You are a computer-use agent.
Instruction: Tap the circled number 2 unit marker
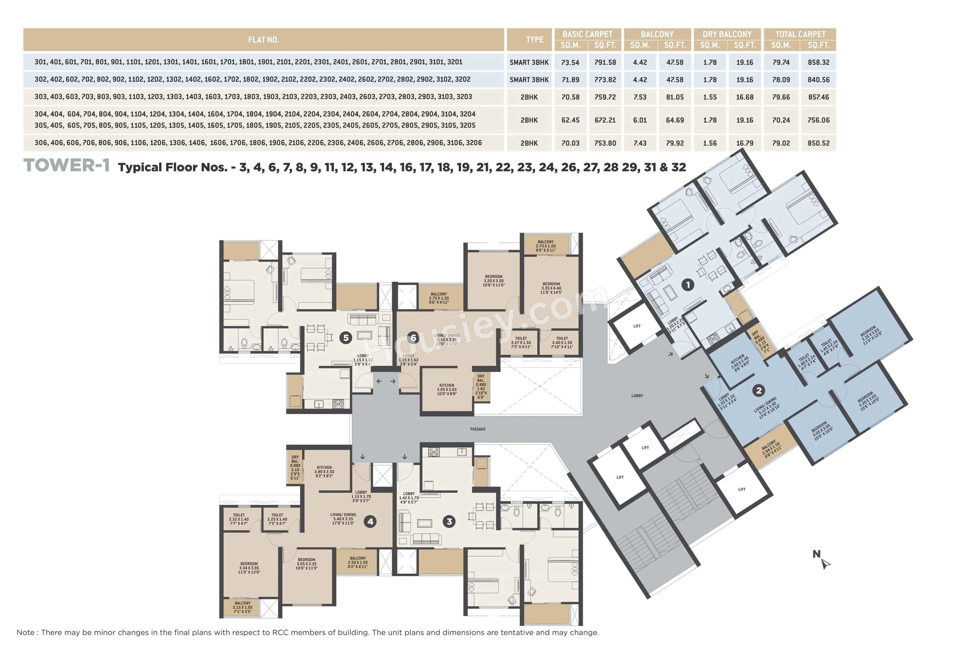point(758,390)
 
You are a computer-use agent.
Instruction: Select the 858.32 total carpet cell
point(818,62)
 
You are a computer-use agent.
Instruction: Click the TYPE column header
point(534,40)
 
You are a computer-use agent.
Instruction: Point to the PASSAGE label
point(478,429)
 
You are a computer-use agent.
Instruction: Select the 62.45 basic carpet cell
point(570,120)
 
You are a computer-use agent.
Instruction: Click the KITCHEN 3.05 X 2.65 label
point(447,390)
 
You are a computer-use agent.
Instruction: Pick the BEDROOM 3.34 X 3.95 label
point(249,568)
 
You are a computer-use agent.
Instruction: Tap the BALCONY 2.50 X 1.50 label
point(358,562)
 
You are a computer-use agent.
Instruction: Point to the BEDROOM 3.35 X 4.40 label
point(551,288)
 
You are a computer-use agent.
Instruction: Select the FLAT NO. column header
point(264,40)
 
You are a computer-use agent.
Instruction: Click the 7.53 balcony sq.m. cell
point(640,97)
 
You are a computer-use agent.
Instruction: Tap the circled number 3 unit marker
point(449,522)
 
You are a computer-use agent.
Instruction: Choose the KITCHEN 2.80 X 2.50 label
point(324,472)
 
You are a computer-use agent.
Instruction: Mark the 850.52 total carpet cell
point(818,143)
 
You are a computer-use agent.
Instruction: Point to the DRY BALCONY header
point(727,34)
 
